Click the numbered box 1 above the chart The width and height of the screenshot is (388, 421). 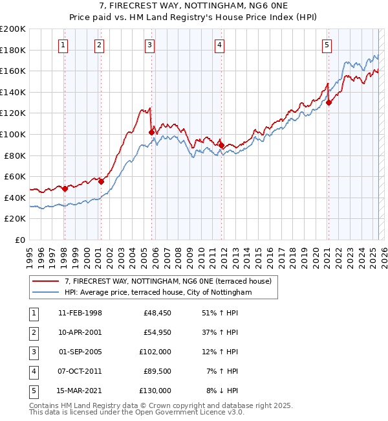[x=63, y=45]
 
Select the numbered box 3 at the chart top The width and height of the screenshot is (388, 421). [x=149, y=45]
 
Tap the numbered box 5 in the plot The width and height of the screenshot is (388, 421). [x=327, y=45]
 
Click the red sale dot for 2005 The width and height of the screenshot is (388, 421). [x=151, y=132]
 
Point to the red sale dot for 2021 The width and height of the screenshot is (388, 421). [x=329, y=102]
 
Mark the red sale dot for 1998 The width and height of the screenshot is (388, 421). [x=65, y=188]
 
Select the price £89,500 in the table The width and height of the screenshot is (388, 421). [x=157, y=371]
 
